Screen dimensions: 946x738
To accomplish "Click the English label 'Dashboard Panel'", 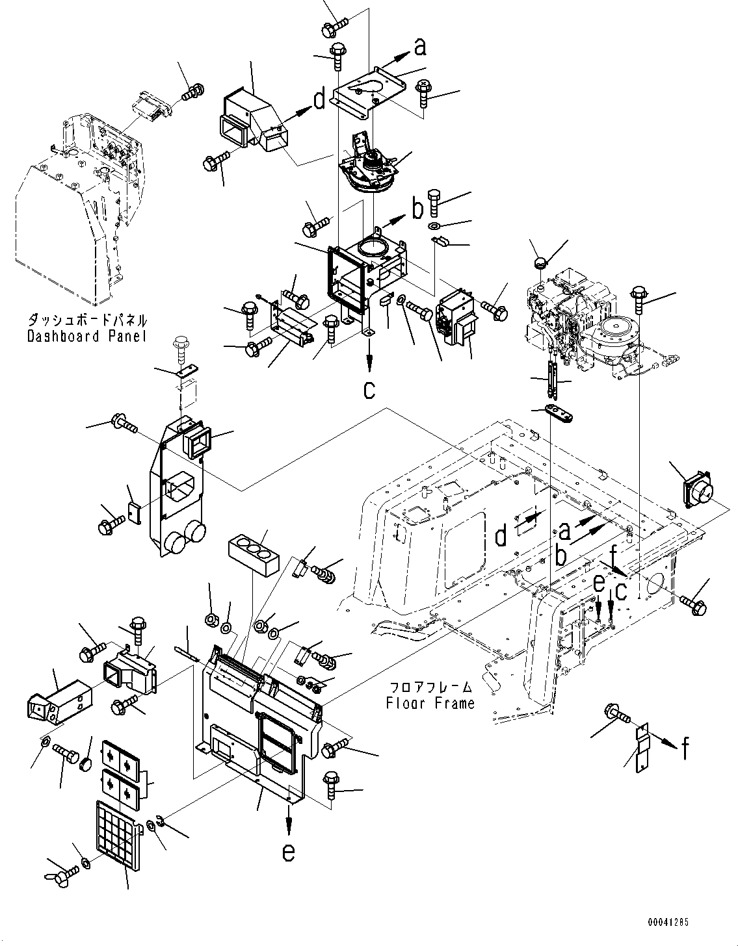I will tap(86, 336).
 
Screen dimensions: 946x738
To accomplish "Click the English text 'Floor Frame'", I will tap(430, 702).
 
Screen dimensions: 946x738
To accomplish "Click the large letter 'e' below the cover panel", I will tap(289, 852).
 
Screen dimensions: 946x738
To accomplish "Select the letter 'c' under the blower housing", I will tap(369, 390).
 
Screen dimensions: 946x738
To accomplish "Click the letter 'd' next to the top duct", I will tap(319, 100).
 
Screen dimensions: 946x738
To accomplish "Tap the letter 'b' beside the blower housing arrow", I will tap(417, 208).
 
